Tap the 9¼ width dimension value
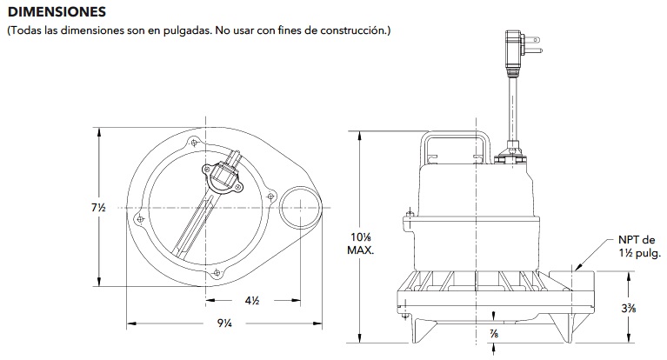click(224, 324)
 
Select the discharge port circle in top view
click(300, 207)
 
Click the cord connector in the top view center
click(224, 174)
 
